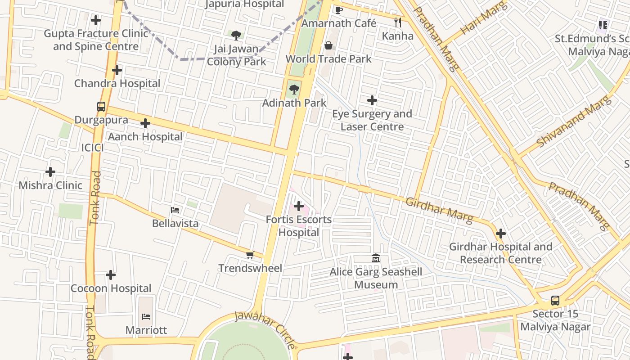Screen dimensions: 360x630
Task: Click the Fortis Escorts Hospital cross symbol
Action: coord(299,206)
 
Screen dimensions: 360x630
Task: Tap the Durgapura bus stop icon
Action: coord(101,107)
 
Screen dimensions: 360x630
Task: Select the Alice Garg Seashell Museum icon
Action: coord(376,258)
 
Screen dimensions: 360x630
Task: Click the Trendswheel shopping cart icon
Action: coord(250,255)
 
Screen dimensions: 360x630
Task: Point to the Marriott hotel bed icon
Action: coord(146,316)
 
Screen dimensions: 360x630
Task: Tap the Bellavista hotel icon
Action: coord(175,210)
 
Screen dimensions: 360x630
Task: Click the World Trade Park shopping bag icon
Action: coord(328,45)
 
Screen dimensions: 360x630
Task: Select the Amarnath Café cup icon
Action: coord(339,10)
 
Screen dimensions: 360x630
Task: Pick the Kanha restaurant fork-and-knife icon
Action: coord(397,22)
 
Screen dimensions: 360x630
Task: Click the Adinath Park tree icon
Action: coord(294,90)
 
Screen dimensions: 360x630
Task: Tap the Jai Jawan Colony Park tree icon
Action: coord(236,35)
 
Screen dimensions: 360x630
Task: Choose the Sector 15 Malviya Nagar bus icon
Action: coord(555,301)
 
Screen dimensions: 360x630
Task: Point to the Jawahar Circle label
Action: coord(265,329)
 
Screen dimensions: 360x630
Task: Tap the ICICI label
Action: coord(92,148)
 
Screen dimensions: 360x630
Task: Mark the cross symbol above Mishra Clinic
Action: coord(50,172)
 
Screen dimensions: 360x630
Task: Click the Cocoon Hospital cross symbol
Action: coord(111,275)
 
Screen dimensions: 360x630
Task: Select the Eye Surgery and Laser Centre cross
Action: coord(372,100)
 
